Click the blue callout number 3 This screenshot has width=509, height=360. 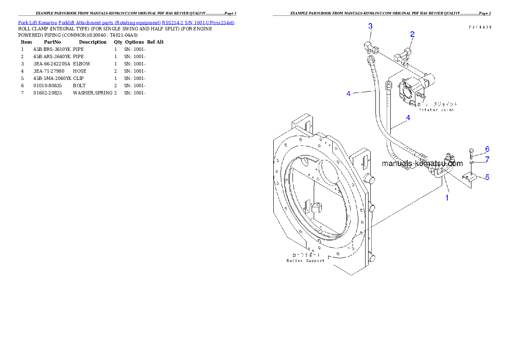tap(370, 26)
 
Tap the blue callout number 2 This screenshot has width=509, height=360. tap(412, 34)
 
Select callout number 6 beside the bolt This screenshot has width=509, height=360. tap(487, 149)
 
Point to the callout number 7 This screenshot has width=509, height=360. tap(487, 159)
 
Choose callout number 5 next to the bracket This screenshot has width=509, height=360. tap(487, 177)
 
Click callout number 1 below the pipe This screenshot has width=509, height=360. tap(447, 198)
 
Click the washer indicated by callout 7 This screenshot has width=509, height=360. tap(471, 162)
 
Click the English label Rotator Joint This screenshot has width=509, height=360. tap(436, 110)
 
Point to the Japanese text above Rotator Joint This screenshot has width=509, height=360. tap(437, 104)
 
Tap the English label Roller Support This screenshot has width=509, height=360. tap(305, 260)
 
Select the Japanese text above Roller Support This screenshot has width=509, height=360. tap(305, 254)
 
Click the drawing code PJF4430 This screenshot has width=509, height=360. tap(479, 27)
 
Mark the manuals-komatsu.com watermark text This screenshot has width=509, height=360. tap(422, 163)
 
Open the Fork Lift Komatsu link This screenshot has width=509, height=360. tap(38, 22)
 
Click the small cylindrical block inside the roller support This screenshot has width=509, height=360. tap(316, 208)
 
